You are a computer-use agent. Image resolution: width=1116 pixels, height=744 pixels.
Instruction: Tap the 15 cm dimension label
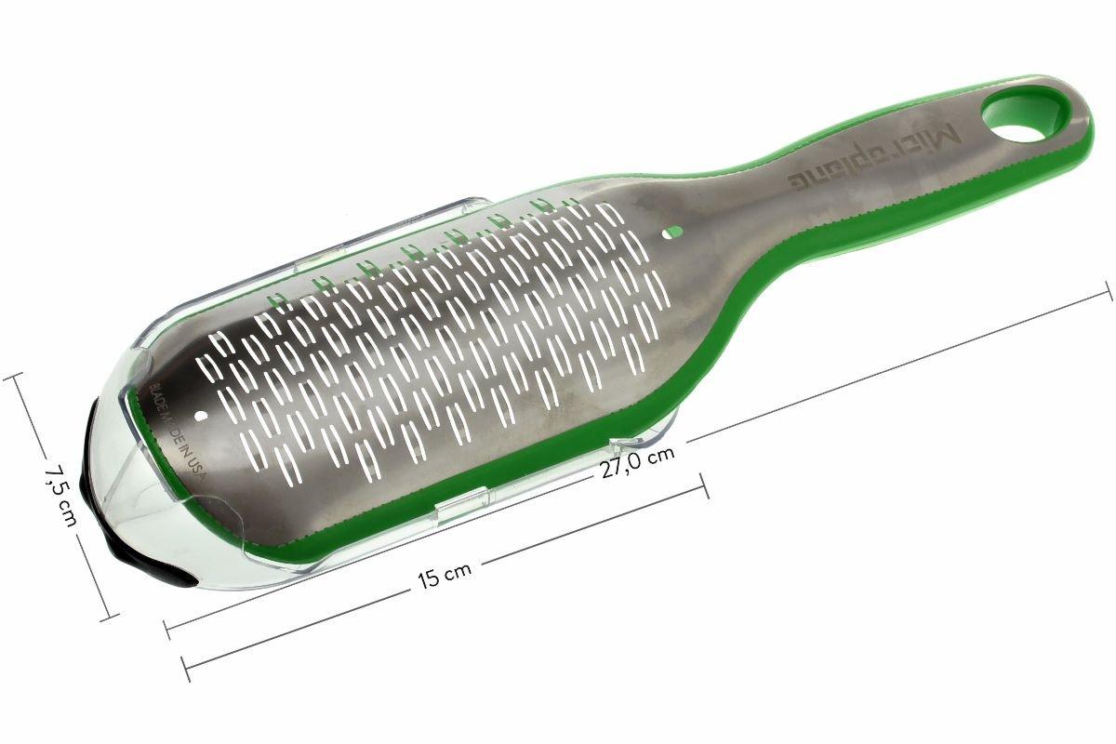(x=443, y=578)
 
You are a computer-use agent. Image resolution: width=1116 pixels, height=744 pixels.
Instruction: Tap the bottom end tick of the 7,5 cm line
(x=113, y=616)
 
